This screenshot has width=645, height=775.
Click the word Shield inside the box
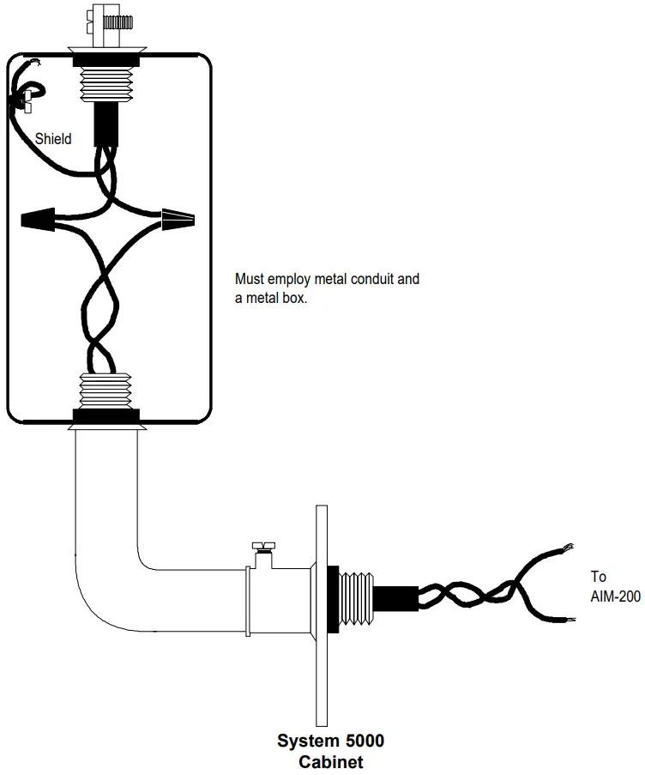tap(53, 138)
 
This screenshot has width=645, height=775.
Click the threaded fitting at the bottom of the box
tap(107, 391)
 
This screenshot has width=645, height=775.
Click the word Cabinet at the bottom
tap(331, 761)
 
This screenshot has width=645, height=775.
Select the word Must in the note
tap(249, 279)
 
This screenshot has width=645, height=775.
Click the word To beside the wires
tap(598, 577)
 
